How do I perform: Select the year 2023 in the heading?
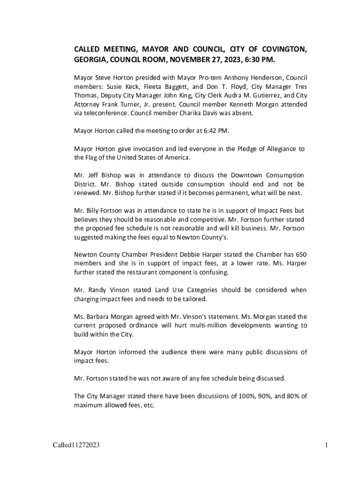tap(226, 60)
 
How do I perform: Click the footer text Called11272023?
tap(76, 445)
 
